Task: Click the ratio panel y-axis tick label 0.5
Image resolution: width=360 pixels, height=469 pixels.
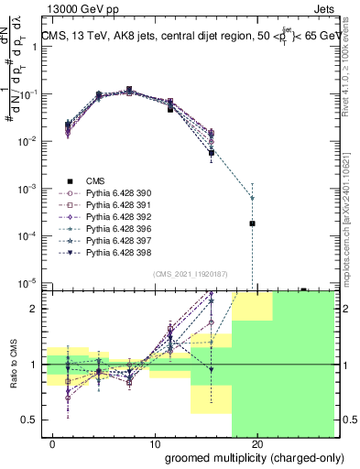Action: pyautogui.click(x=32, y=420)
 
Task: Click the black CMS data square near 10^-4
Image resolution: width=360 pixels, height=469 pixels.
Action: pyautogui.click(x=252, y=224)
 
